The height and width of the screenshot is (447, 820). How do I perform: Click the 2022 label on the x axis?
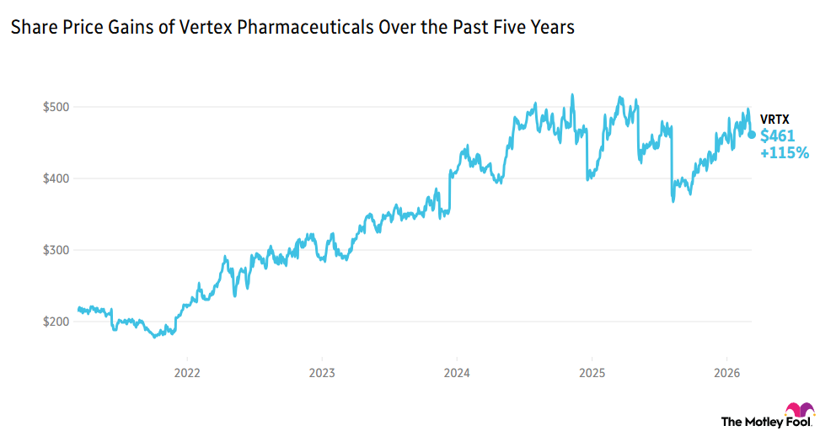186,372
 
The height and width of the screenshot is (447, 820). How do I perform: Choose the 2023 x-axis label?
321,372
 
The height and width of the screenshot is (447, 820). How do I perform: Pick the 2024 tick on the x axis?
456,372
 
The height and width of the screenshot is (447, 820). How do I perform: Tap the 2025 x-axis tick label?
591,372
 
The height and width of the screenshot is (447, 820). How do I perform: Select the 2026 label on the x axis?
726,372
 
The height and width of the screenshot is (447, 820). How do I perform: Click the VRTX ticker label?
775,119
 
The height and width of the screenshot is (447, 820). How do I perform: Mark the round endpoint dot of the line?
752,135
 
